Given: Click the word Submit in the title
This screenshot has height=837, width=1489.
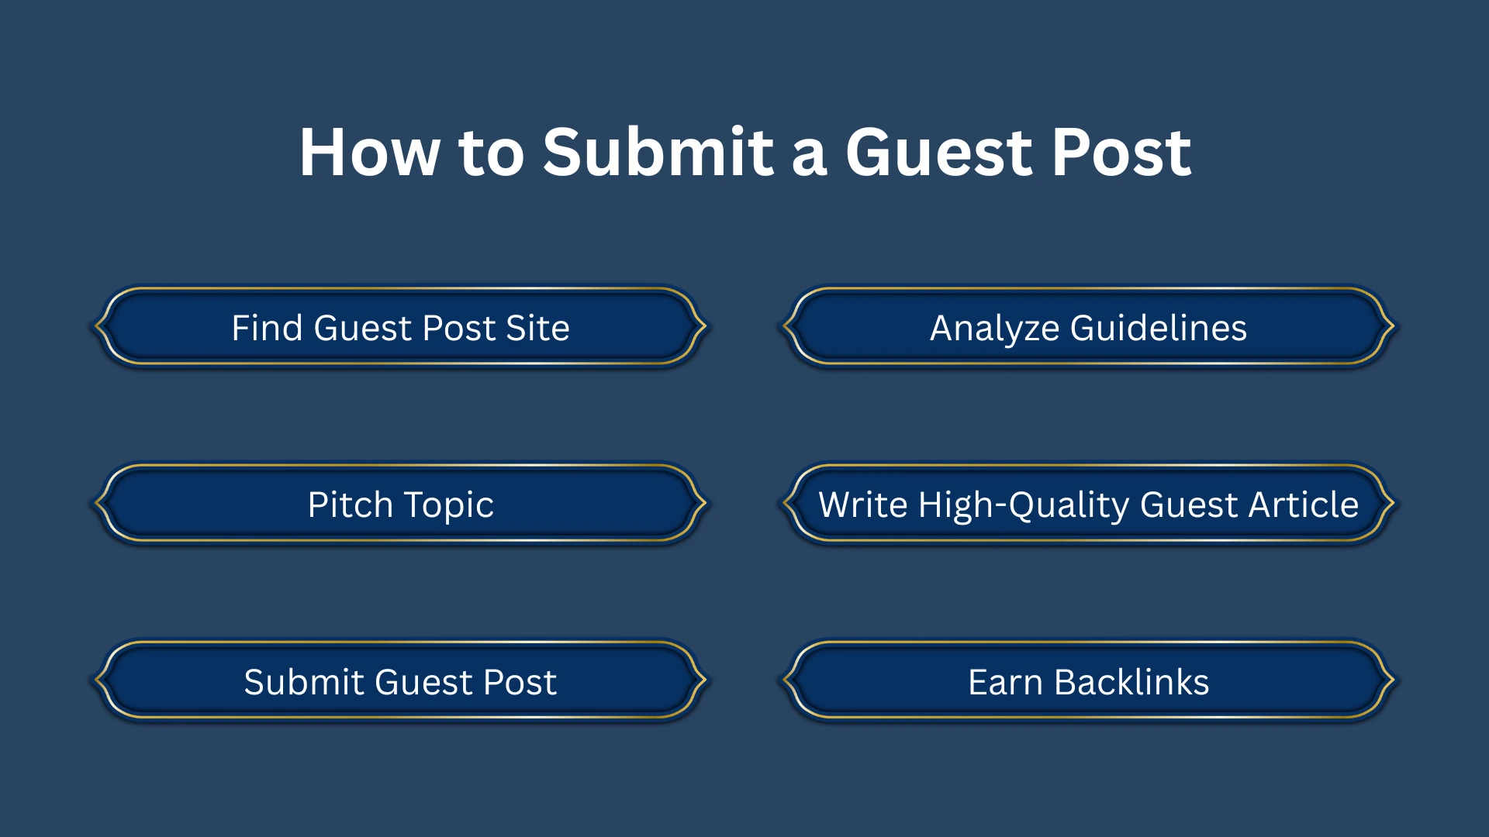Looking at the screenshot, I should [658, 152].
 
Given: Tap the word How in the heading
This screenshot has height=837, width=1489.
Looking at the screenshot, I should [369, 152].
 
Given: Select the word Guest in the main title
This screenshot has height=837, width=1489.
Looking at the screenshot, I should [938, 152].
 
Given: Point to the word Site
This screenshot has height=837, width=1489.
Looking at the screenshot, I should [537, 328].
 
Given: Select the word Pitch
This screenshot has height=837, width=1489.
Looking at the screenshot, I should [351, 505].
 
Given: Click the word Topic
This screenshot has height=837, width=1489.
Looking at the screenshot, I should [448, 505].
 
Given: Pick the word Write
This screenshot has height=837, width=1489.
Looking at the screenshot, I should [862, 505].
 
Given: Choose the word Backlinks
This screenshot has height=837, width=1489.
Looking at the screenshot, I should [1131, 682].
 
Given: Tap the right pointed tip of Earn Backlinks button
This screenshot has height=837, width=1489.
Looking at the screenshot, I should [1394, 680].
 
